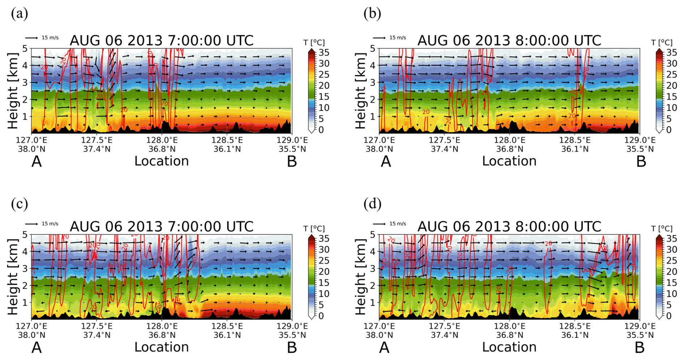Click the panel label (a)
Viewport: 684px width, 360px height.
(x=20, y=14)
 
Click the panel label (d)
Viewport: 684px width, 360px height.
(x=372, y=204)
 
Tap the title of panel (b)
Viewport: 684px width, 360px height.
(x=509, y=40)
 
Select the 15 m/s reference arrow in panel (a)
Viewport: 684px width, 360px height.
(x=31, y=38)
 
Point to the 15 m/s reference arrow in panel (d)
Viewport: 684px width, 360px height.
(x=379, y=224)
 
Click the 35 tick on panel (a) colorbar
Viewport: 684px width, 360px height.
(x=324, y=53)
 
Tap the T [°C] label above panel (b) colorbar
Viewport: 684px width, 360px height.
(x=662, y=43)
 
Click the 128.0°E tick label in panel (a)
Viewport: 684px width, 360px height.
(x=162, y=140)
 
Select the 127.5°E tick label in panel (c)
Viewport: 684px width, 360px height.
(x=97, y=326)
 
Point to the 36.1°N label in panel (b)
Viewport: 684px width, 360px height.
(x=575, y=149)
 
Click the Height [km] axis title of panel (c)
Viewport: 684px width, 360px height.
(x=13, y=277)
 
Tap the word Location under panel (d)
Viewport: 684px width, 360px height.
(x=509, y=347)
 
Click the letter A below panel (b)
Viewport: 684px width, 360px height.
(x=386, y=162)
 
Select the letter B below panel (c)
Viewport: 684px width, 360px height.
(x=292, y=348)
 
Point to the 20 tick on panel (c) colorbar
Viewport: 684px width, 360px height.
(x=324, y=271)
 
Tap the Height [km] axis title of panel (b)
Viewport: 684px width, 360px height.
(x=360, y=91)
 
